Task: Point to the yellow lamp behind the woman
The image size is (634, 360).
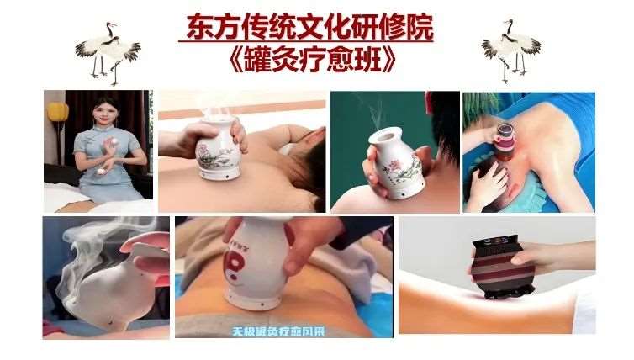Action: (57, 113)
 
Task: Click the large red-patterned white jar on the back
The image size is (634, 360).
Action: (253, 261)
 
